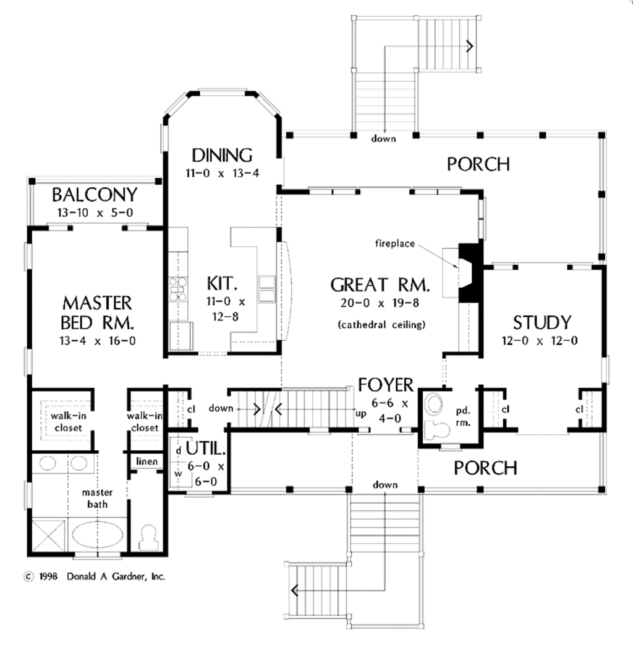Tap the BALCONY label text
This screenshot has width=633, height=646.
click(94, 195)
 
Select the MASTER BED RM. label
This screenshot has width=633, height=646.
click(97, 313)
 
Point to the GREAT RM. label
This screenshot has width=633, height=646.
click(380, 285)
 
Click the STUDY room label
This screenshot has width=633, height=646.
click(542, 322)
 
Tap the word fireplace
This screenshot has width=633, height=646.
click(394, 243)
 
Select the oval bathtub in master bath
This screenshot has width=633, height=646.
click(98, 535)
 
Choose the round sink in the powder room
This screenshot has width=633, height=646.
click(435, 405)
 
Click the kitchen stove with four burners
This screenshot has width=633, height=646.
click(178, 289)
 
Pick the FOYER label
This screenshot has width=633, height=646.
click(386, 385)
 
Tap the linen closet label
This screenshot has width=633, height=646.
click(147, 462)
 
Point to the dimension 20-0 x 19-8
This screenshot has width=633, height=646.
click(380, 303)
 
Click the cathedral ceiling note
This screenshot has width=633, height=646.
click(381, 324)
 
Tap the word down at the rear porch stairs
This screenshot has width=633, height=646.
click(383, 139)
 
